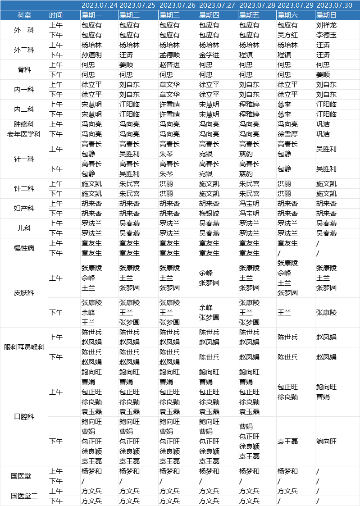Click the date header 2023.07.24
(x=99, y=5)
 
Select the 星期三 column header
(x=169, y=15)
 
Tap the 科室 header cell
(x=24, y=15)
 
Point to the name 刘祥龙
(x=326, y=25)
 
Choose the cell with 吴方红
(x=287, y=35)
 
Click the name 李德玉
(x=326, y=35)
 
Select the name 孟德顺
(x=169, y=55)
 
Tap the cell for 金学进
(x=209, y=55)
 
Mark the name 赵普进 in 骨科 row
(x=169, y=65)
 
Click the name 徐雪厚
(x=287, y=134)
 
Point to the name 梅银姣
(x=209, y=214)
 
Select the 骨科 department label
(x=24, y=70)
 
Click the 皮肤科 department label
(x=24, y=293)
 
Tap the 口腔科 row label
(x=24, y=417)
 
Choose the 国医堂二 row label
(x=24, y=496)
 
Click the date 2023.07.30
(x=334, y=5)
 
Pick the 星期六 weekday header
(x=287, y=15)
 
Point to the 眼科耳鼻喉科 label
(x=24, y=347)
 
